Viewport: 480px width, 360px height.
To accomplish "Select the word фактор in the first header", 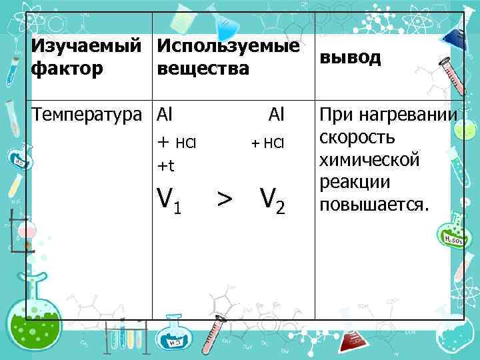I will tap(67, 68).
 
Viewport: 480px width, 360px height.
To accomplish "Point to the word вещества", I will tap(203, 68).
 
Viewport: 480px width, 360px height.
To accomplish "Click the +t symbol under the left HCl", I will tap(165, 165).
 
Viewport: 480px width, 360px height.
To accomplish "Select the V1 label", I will tap(168, 198).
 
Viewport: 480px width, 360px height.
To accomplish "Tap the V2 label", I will tap(272, 198).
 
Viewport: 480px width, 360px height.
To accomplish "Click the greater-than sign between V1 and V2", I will tap(225, 198).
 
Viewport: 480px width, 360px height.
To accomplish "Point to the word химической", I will tap(369, 160).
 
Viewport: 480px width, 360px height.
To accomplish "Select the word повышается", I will tap(373, 204).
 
